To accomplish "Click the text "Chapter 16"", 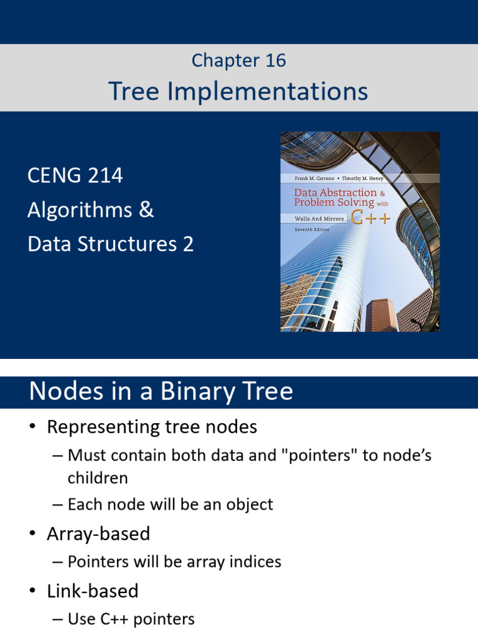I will click(238, 60).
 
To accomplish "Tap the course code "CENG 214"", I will click(75, 176).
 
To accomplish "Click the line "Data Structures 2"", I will click(110, 244).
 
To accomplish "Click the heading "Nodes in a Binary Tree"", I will click(161, 391).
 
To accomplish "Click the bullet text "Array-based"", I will click(98, 534).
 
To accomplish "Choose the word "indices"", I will click(252, 561).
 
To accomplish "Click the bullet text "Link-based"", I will click(93, 591).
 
